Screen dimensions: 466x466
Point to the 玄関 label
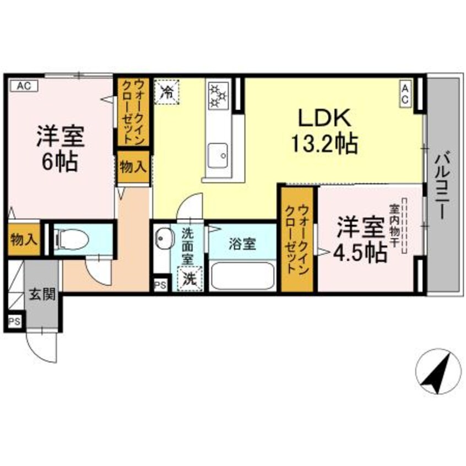[41, 295]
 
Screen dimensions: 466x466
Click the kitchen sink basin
[218, 154]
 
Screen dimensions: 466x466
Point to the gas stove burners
[218, 96]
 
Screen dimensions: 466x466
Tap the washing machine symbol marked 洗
[189, 279]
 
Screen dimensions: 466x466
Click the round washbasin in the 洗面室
[162, 240]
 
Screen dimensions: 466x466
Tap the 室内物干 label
[395, 226]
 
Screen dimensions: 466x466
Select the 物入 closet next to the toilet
[24, 239]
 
